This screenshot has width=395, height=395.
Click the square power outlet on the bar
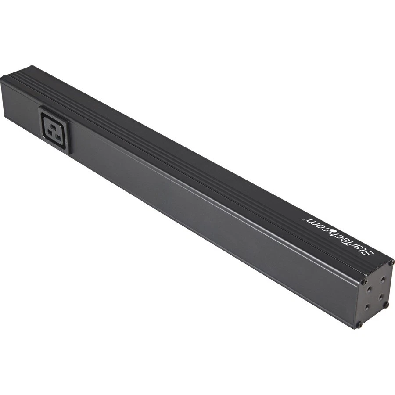point(54,130)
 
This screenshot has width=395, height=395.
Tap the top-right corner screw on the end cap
point(391,262)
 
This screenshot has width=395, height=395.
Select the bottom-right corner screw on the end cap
point(386,304)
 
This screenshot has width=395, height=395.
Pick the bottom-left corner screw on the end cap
point(359,325)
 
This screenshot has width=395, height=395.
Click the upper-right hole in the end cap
point(383,279)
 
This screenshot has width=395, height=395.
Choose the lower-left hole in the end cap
point(368,309)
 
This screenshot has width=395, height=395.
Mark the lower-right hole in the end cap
point(380,296)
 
